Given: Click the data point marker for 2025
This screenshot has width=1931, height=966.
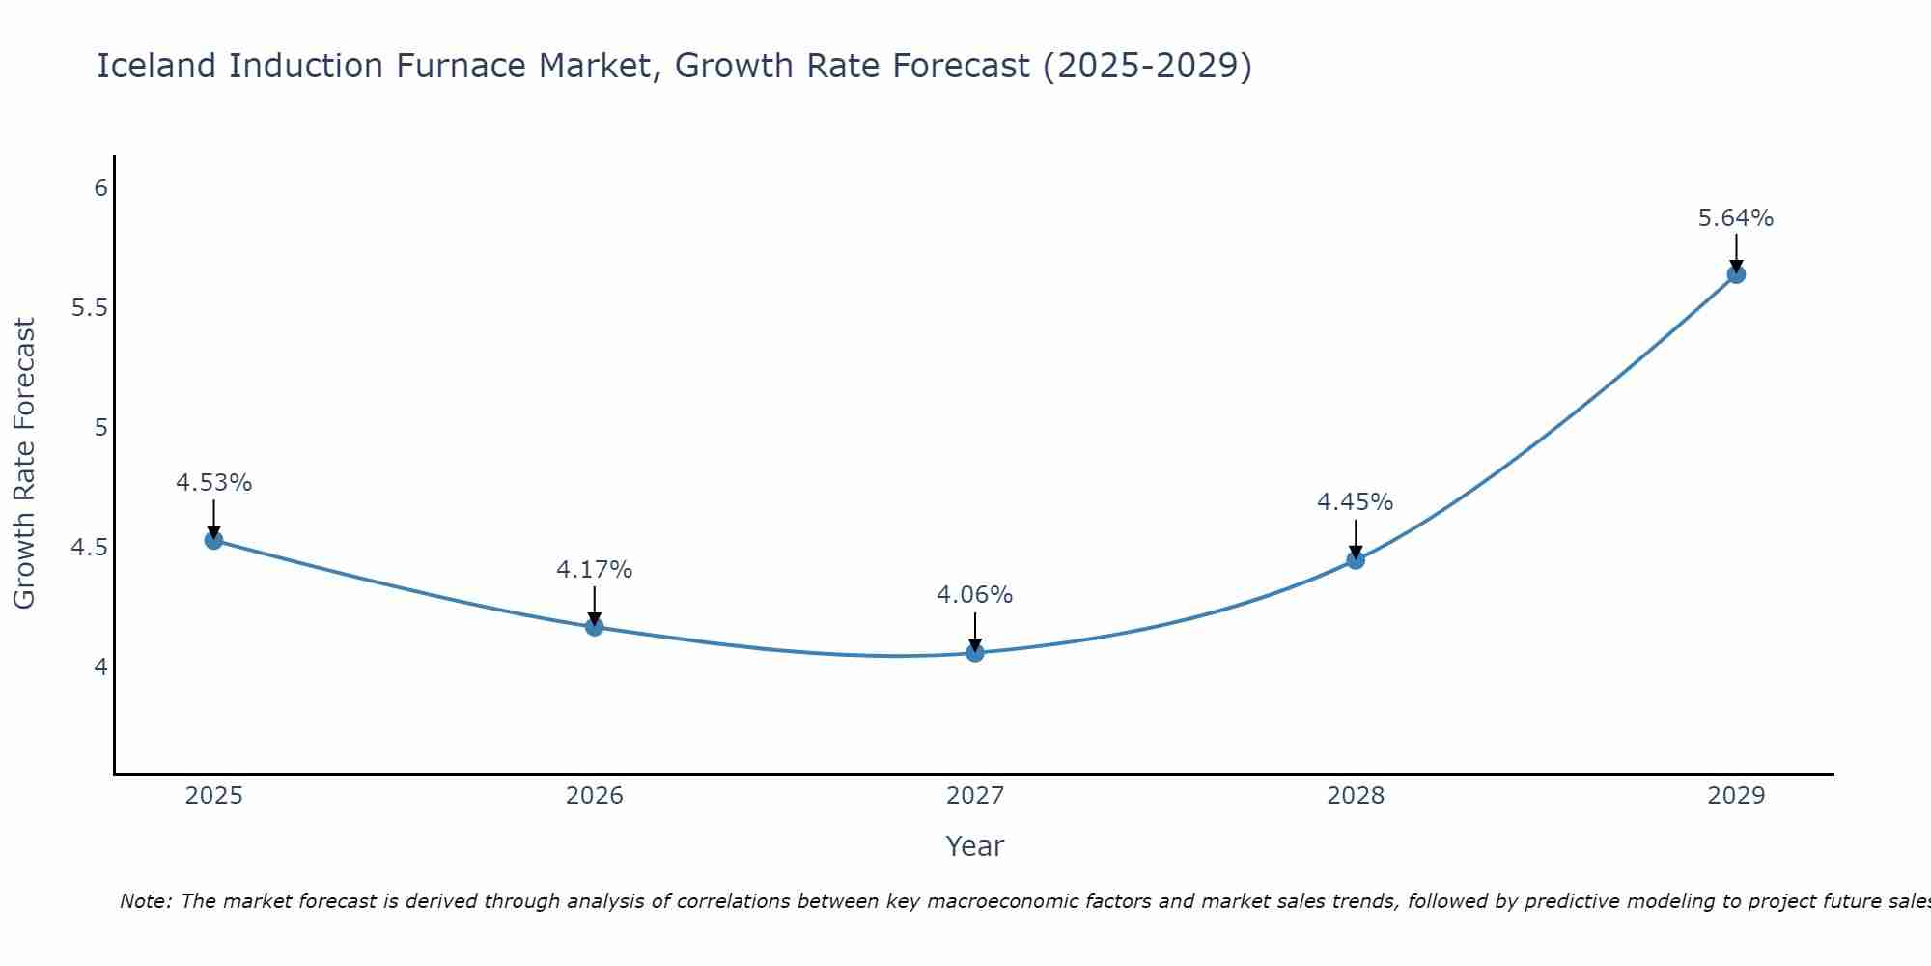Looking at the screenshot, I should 214,540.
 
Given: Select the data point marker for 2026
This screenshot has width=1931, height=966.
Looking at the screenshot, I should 595,627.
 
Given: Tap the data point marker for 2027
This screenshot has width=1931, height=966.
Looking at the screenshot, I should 975,653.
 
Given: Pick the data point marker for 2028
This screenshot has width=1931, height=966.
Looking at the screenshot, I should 1356,560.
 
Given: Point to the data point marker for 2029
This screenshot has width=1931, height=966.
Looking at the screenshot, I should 1736,274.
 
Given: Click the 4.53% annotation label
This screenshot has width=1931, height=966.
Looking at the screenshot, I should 214,483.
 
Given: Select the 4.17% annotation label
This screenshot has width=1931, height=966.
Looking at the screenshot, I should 595,570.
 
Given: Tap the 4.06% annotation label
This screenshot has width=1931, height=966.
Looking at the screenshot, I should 975,595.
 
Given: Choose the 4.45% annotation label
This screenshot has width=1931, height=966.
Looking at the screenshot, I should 1356,502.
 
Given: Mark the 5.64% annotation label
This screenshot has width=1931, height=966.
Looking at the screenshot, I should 1736,218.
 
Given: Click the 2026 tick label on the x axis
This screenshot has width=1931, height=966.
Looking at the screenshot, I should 595,796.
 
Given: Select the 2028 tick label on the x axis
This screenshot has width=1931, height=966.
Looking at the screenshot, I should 1356,796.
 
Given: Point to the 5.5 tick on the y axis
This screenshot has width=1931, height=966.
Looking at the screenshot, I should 89,308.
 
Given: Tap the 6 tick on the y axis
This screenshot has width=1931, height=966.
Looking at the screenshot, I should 100,188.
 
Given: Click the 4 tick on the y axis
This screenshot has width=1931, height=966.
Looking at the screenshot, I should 100,668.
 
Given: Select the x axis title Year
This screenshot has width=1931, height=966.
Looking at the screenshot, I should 975,846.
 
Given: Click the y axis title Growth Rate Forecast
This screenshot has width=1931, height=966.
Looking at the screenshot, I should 24,464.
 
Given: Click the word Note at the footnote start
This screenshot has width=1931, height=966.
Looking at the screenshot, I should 145,901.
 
